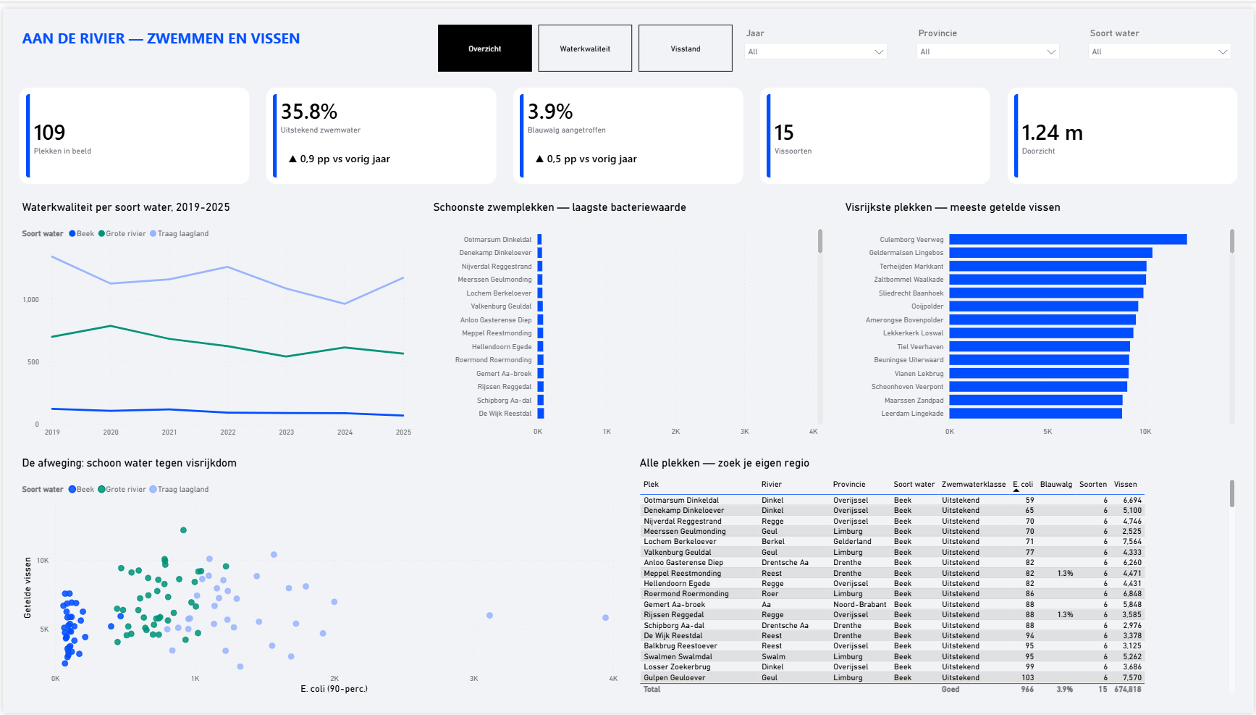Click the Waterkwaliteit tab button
(585, 49)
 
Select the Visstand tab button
(686, 49)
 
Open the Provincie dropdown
(988, 51)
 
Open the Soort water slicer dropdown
(1160, 51)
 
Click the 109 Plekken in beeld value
(49, 133)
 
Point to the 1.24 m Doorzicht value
(1052, 133)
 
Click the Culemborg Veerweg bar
(1068, 240)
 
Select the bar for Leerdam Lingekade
(1036, 414)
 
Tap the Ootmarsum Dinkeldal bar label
(497, 240)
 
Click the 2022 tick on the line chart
(228, 432)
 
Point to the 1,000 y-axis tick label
(31, 300)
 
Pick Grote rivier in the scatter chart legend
(126, 490)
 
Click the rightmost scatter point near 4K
(605, 618)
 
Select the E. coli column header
(1023, 485)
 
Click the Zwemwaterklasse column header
(974, 485)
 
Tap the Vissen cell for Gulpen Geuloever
(1132, 678)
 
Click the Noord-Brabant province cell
(859, 605)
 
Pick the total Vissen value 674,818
(1128, 690)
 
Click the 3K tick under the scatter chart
(474, 679)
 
